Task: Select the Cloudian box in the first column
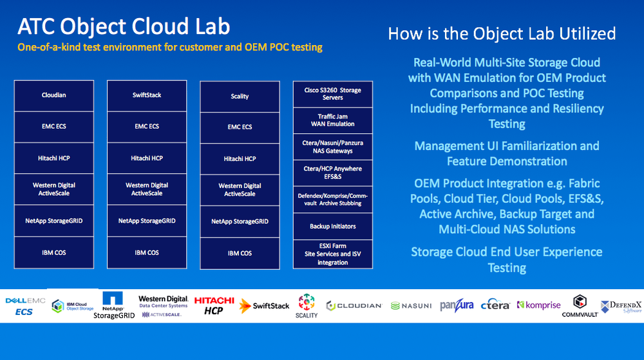pos(54,95)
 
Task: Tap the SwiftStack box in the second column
pos(147,95)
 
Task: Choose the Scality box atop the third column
pos(240,96)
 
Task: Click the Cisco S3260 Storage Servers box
pos(332,94)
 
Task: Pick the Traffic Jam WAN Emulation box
pos(332,120)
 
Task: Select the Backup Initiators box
pos(332,226)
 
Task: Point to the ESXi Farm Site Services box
pos(332,254)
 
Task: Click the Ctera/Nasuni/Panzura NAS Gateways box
pos(332,147)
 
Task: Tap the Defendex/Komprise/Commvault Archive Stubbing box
pos(332,200)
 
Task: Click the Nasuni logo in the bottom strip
pos(411,305)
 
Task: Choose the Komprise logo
pos(539,305)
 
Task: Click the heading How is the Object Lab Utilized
pos(502,33)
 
